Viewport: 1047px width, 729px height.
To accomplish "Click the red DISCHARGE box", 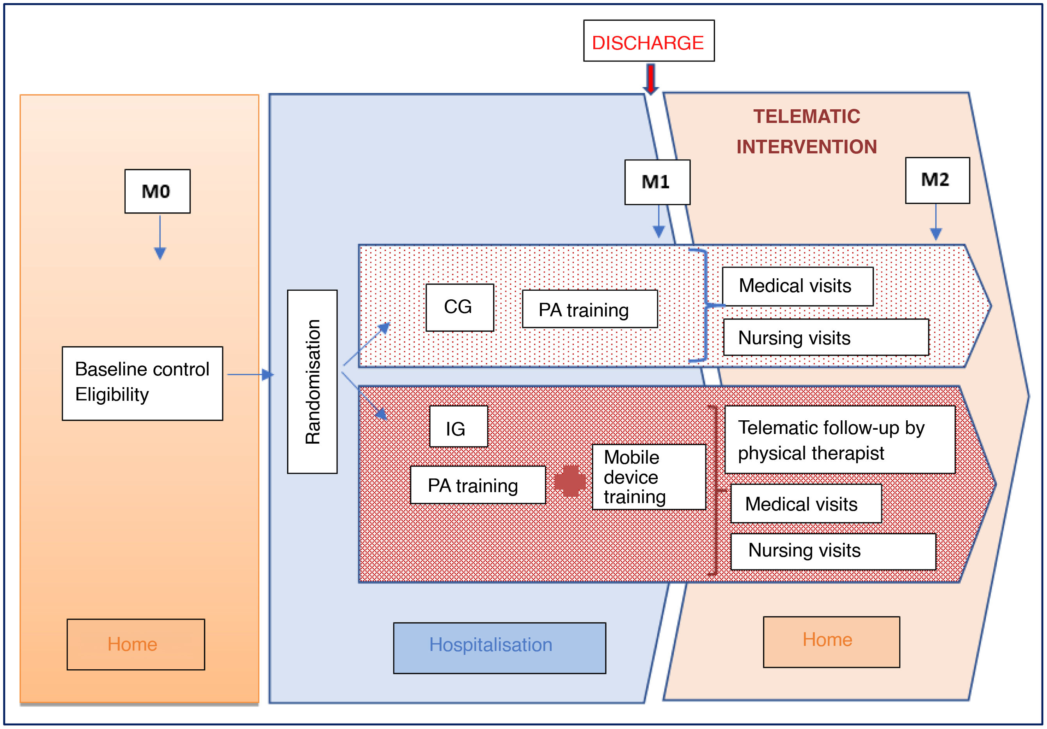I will (648, 41).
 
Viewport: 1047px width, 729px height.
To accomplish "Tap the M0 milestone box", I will (157, 191).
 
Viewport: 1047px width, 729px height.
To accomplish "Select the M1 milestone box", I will (657, 182).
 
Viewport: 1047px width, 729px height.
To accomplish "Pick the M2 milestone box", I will (937, 180).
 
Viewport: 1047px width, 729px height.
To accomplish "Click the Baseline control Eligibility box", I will (142, 383).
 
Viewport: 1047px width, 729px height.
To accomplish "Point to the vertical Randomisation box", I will (312, 381).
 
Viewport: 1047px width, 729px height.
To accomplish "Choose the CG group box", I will (460, 307).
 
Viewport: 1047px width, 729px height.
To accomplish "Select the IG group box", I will (458, 426).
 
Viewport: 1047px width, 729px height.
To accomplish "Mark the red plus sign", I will (570, 481).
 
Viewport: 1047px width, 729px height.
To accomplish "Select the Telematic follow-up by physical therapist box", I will (839, 439).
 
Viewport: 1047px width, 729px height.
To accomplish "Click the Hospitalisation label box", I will (499, 647).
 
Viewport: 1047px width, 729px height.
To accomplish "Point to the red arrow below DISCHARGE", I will (651, 78).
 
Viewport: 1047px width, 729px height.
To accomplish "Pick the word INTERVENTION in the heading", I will (806, 147).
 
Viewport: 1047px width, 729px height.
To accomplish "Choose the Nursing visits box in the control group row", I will (825, 337).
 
